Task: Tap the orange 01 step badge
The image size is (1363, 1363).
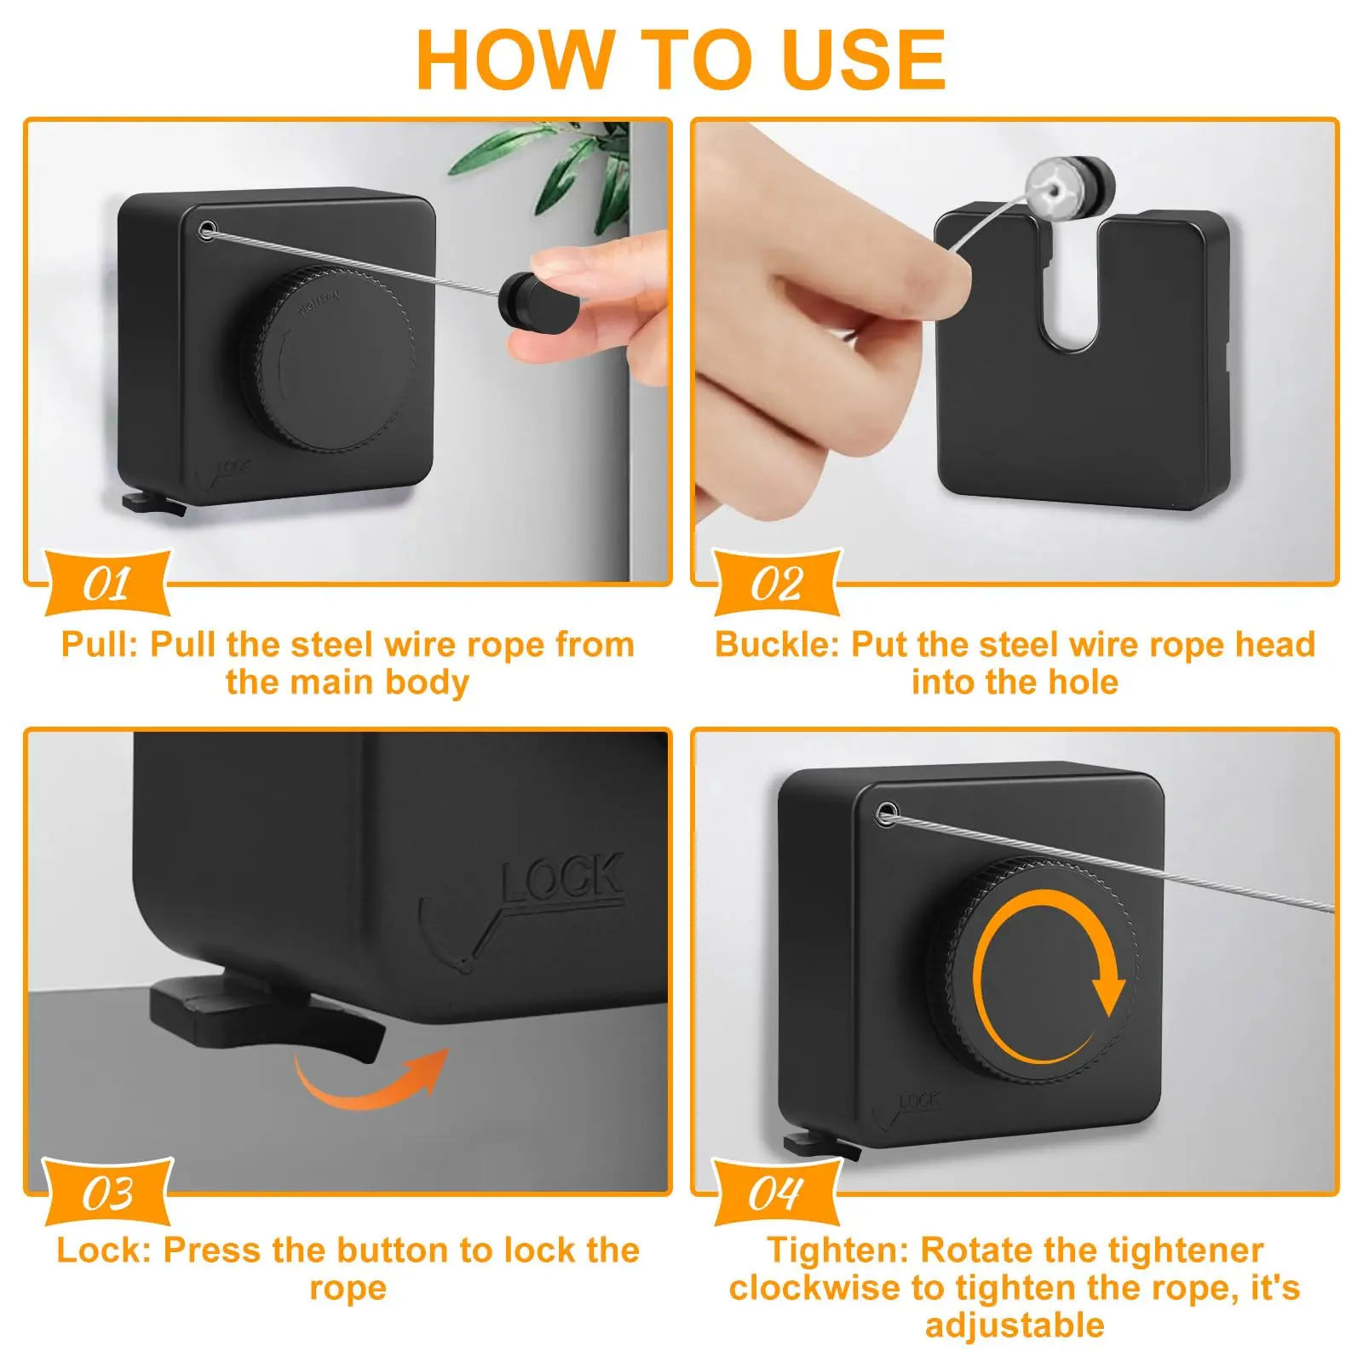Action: tap(107, 584)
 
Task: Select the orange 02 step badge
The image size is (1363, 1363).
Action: tap(776, 584)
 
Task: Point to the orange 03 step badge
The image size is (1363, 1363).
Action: tap(107, 1192)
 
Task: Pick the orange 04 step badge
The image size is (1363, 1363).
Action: tap(776, 1192)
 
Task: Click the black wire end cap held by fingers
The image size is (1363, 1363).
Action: tap(536, 302)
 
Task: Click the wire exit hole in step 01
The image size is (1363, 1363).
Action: tap(207, 229)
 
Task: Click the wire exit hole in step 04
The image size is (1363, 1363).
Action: tap(887, 813)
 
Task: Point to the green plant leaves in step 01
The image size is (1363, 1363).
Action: tap(545, 166)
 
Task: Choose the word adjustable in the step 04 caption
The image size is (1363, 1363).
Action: tap(1015, 1326)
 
